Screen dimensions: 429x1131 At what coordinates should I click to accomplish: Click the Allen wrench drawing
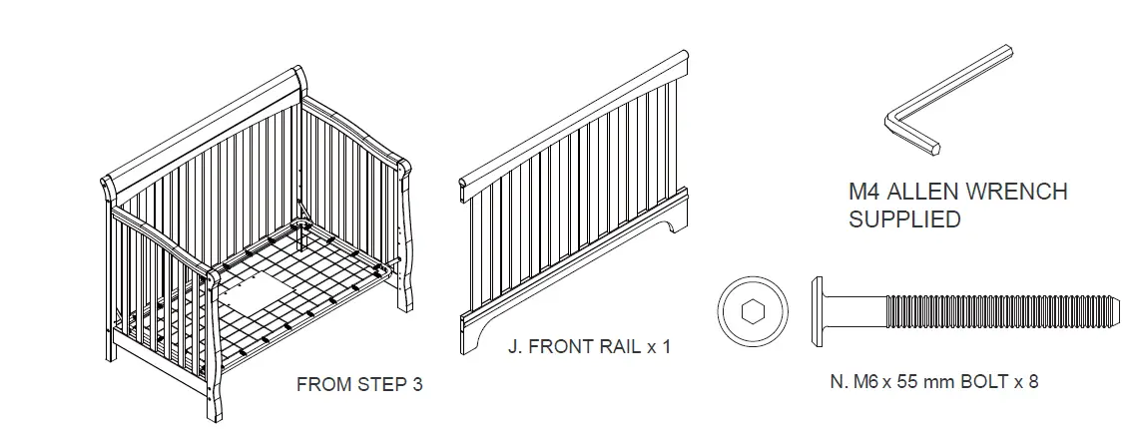tap(958, 95)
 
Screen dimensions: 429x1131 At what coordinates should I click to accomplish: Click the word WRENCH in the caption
tap(1015, 192)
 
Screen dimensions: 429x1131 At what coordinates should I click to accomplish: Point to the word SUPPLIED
tap(904, 219)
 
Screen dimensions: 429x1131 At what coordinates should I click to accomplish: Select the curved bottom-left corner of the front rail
tap(477, 329)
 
